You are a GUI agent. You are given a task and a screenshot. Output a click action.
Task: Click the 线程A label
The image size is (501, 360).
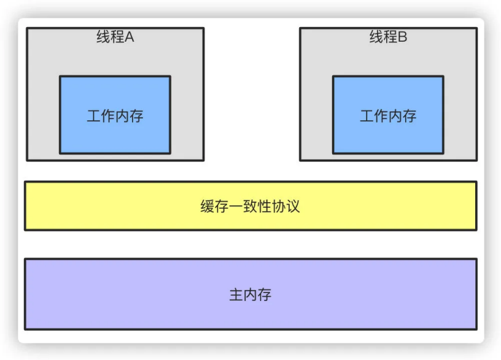[x=115, y=37]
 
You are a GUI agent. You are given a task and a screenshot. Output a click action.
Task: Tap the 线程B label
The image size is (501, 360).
[x=388, y=37]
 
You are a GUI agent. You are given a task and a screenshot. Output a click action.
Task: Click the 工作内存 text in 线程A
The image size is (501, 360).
[x=115, y=115]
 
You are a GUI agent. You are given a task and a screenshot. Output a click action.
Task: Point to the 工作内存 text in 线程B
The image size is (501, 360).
[x=388, y=115]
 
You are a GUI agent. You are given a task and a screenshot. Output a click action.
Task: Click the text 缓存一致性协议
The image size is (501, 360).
[x=250, y=206]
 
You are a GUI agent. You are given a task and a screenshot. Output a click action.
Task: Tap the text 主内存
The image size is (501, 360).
[x=250, y=295]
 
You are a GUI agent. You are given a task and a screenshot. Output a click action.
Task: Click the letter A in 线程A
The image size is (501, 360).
[x=130, y=37]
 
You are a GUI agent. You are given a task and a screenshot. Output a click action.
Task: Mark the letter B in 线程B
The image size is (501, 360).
[x=402, y=37]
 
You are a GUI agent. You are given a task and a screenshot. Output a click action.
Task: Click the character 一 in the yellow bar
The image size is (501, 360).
[x=236, y=206]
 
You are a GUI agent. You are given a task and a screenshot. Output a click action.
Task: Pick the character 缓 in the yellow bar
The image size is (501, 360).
[x=208, y=206]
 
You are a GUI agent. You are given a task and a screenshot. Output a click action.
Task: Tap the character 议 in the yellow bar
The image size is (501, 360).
[x=293, y=206]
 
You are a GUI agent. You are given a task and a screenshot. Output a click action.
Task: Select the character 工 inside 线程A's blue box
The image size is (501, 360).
[x=94, y=115]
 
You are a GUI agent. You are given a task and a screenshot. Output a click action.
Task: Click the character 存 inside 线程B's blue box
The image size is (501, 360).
[x=409, y=115]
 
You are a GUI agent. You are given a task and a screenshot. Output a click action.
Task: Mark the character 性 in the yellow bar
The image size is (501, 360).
[x=264, y=206]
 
